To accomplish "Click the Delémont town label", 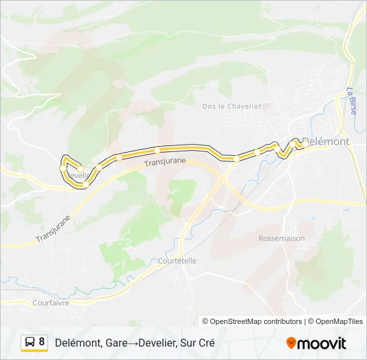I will (x=326, y=141).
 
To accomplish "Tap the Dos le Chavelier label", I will (x=232, y=106).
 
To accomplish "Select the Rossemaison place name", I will (x=282, y=238).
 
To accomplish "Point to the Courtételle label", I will (x=177, y=261).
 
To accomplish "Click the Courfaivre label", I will (x=51, y=302).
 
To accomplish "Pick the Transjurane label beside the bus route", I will (x=164, y=161).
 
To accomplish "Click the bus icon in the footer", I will (x=29, y=342).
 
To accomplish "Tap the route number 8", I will (x=42, y=342).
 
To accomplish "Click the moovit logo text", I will (x=322, y=343).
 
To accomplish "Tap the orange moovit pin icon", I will (x=291, y=343).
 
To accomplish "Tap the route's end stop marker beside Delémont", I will (x=298, y=143).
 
